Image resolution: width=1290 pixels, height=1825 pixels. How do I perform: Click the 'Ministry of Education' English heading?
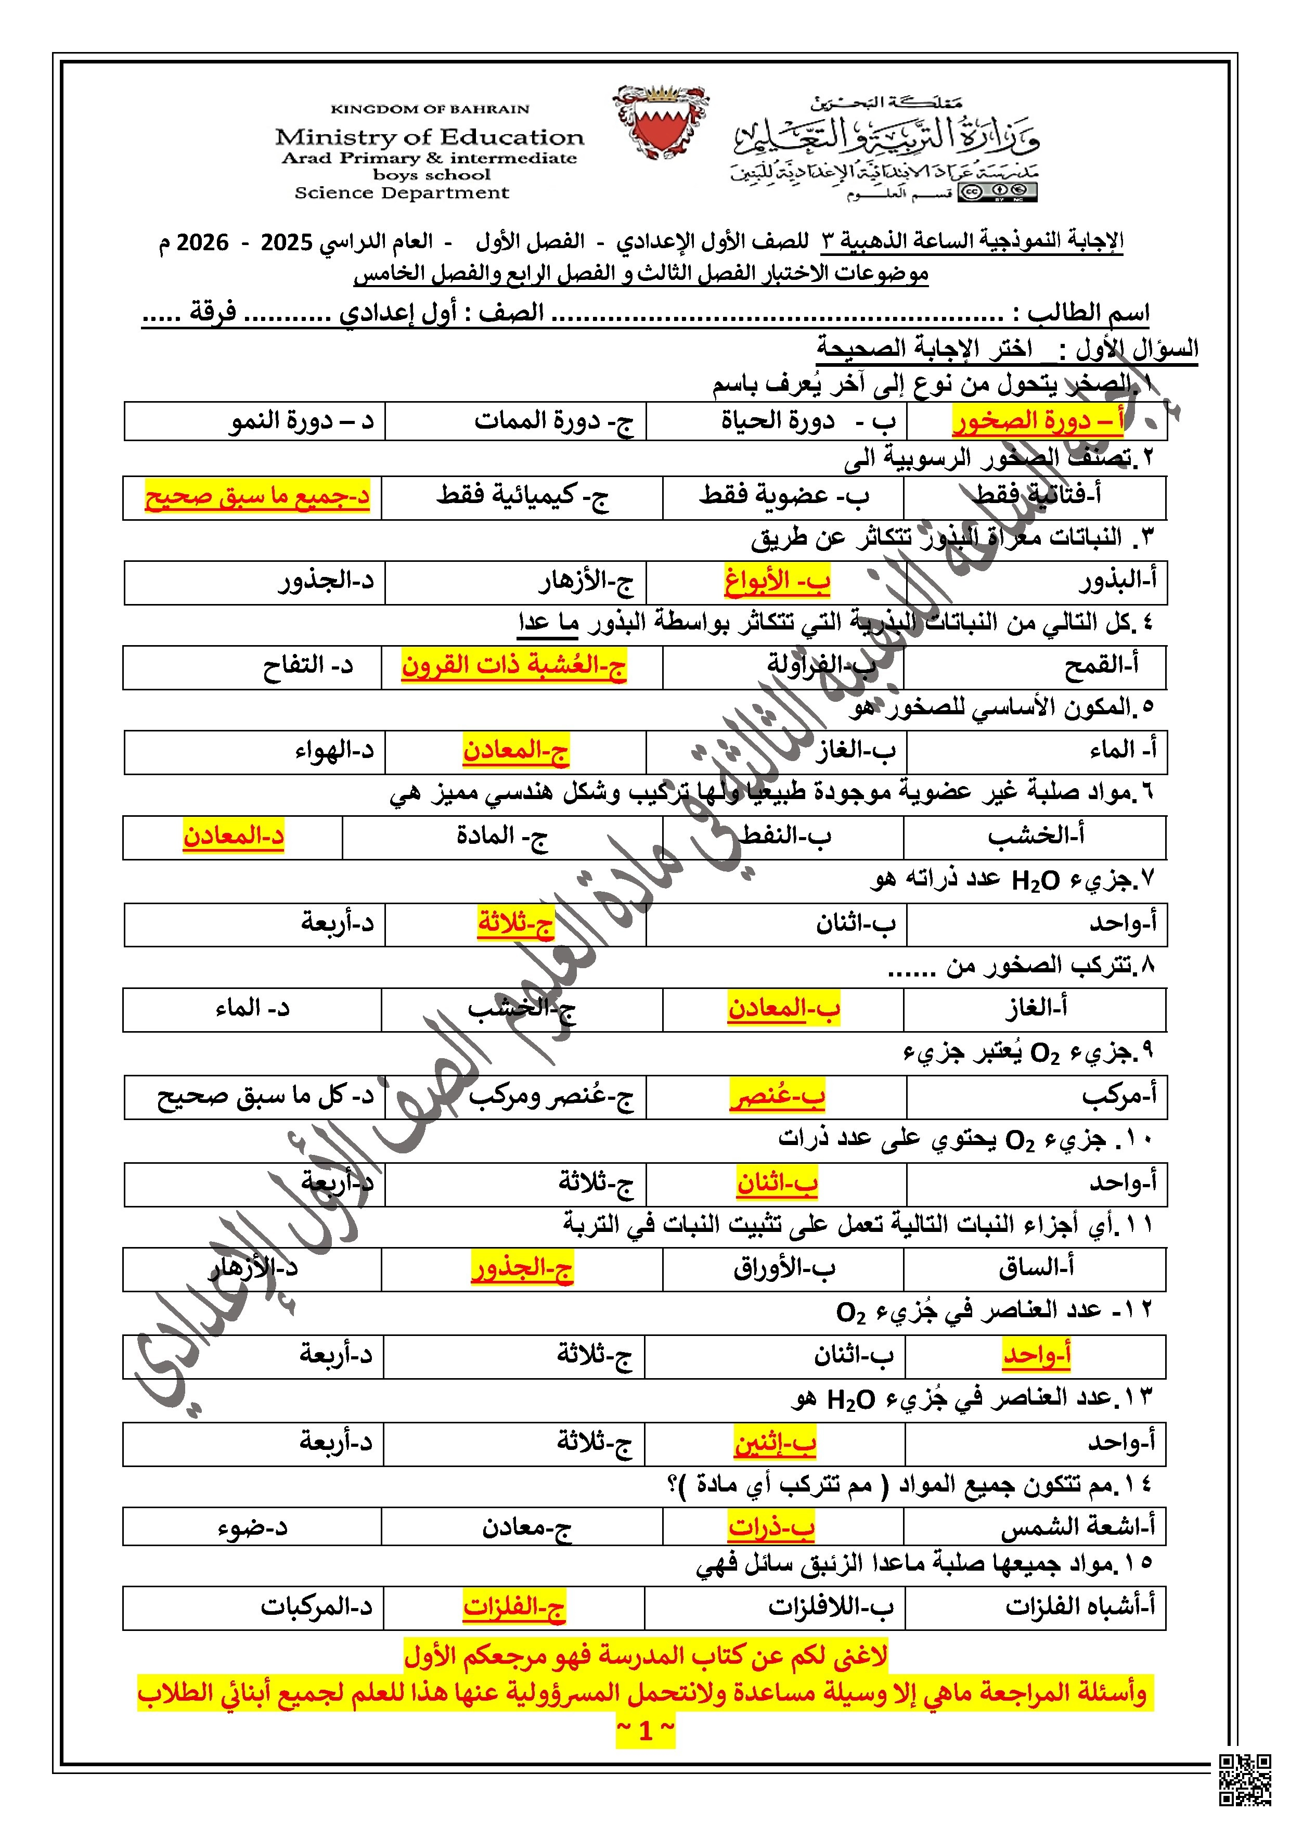pos(429,137)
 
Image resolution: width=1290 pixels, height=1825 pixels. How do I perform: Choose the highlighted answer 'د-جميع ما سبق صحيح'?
pos(257,497)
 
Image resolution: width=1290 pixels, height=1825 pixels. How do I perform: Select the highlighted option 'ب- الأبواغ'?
pos(777,582)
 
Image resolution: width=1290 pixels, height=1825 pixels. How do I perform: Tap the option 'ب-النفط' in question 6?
pos(786,836)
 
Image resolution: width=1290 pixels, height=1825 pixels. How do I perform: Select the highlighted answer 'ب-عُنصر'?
pos(777,1097)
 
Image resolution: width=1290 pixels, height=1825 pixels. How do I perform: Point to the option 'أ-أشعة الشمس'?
pos(1077,1527)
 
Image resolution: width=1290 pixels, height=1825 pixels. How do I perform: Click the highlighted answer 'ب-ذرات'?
pos(771,1527)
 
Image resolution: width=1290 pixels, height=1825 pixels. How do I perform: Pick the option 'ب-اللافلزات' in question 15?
pos(831,1607)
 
